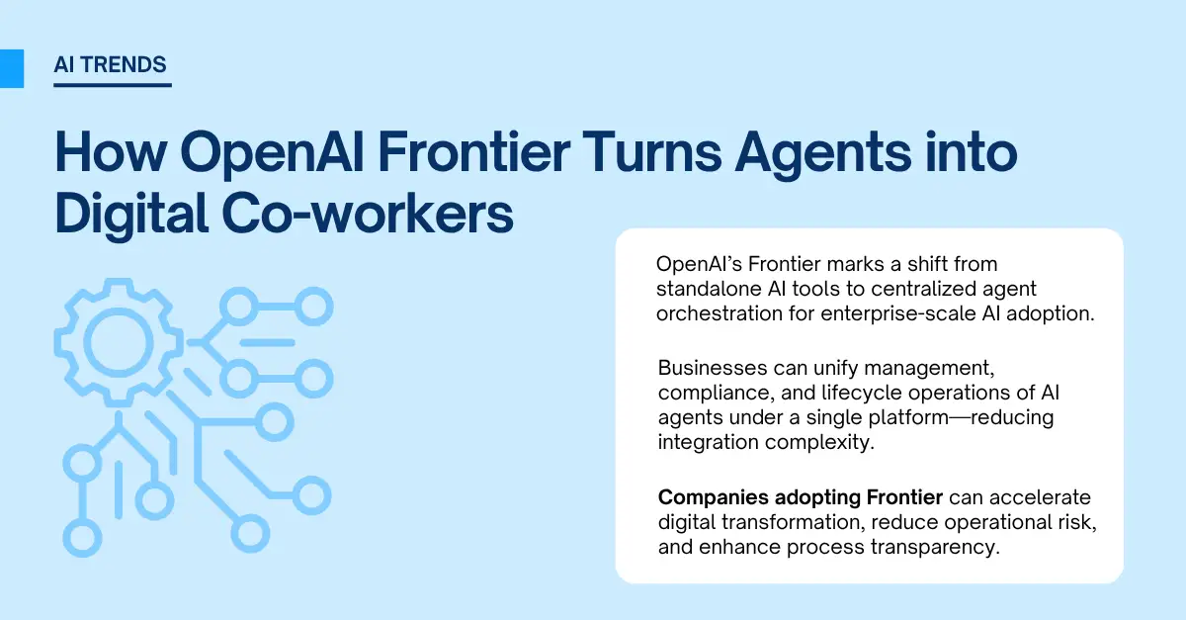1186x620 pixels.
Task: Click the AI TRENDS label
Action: pyautogui.click(x=111, y=66)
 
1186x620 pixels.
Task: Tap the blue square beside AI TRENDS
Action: pyautogui.click(x=11, y=67)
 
